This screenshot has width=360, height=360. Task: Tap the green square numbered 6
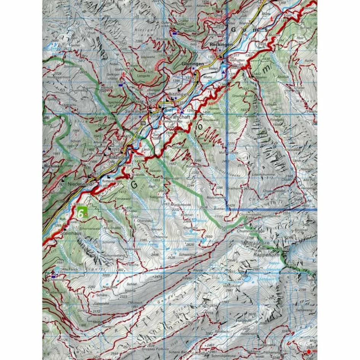(82, 213)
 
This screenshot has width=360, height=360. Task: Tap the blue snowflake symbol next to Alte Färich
(57, 269)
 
